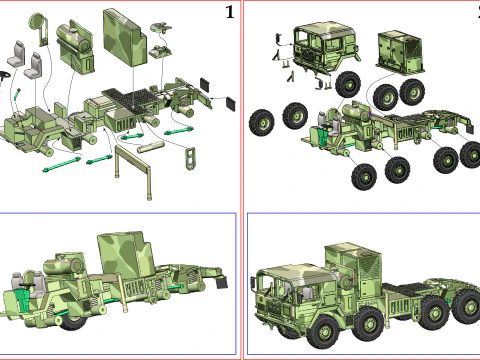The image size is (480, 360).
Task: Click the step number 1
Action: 230,13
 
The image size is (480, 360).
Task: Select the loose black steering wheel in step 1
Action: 4,76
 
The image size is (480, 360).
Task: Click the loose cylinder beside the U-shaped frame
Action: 151,146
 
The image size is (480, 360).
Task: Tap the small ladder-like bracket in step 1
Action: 190,158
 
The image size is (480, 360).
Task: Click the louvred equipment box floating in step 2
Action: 401,52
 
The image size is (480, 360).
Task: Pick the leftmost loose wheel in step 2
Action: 262,123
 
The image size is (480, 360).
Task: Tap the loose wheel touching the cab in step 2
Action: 348,85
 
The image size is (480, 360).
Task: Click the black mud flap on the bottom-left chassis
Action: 222,282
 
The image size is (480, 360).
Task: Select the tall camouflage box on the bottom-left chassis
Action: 127,255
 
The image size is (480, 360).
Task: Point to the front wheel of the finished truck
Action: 324,333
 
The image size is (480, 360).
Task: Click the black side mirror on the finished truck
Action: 253,284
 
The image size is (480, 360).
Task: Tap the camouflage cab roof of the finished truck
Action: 298,271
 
